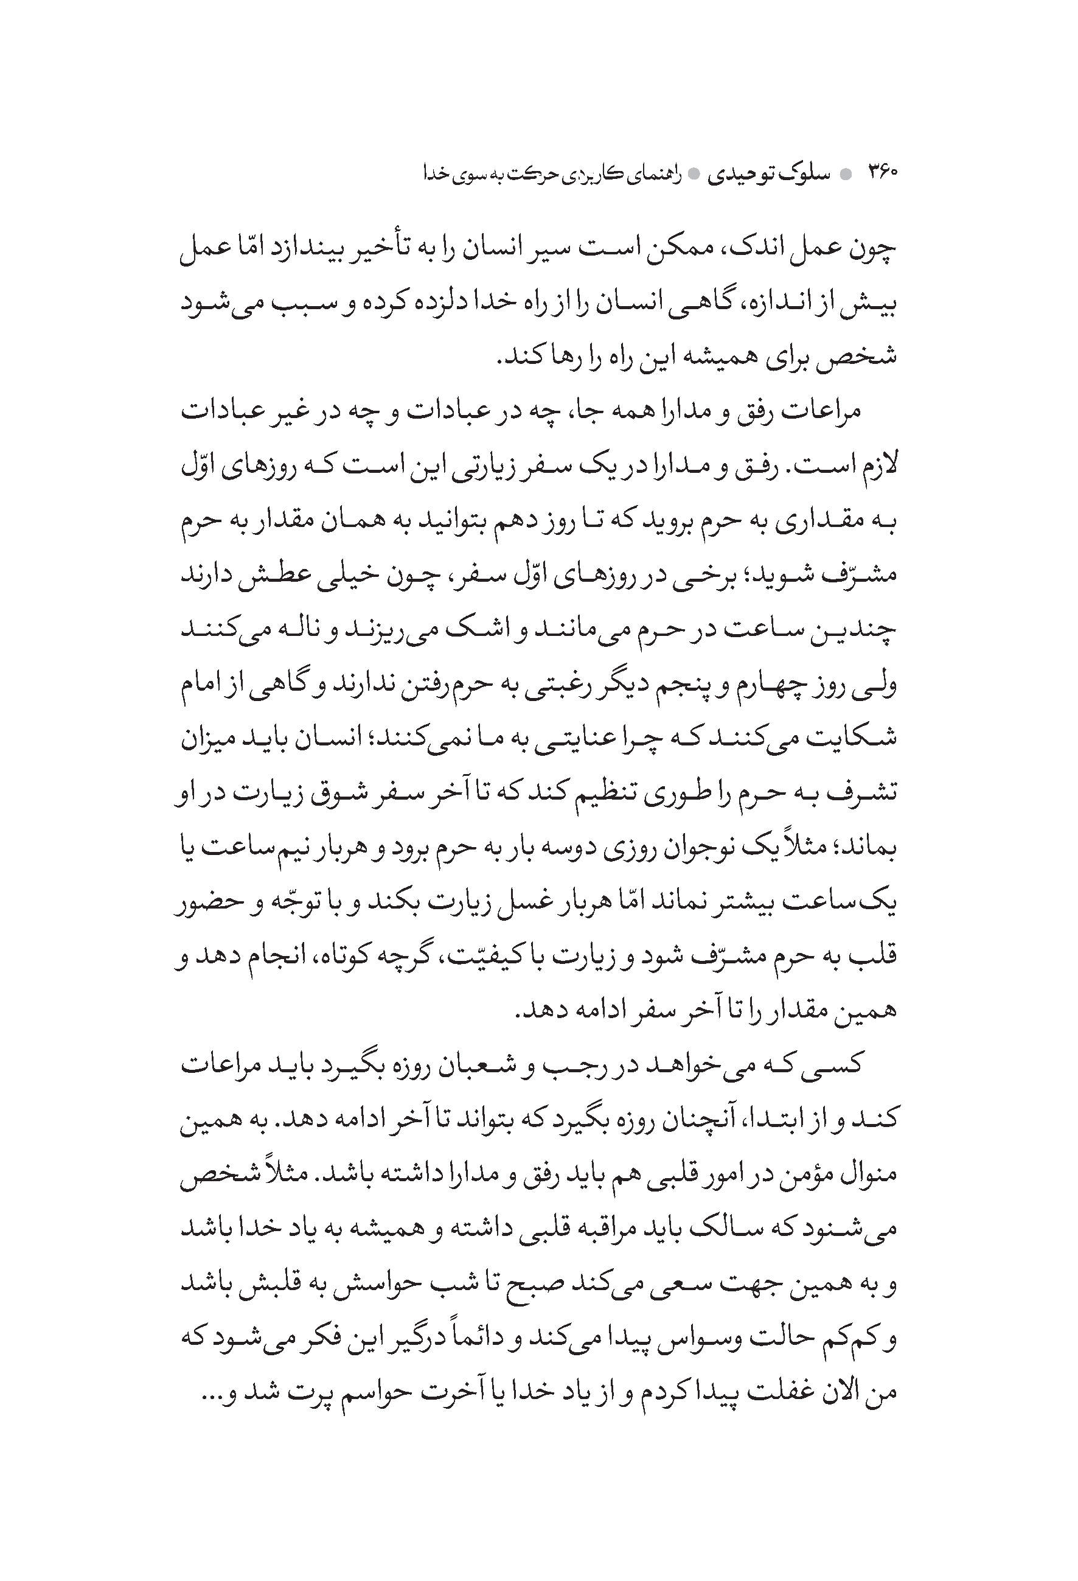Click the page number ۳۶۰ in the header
(x=882, y=173)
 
